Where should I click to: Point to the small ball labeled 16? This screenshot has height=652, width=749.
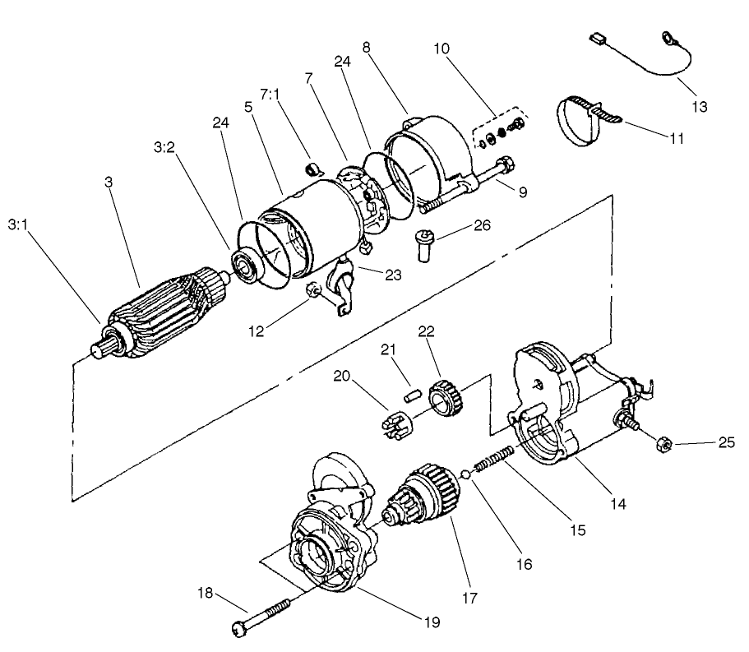click(465, 474)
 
